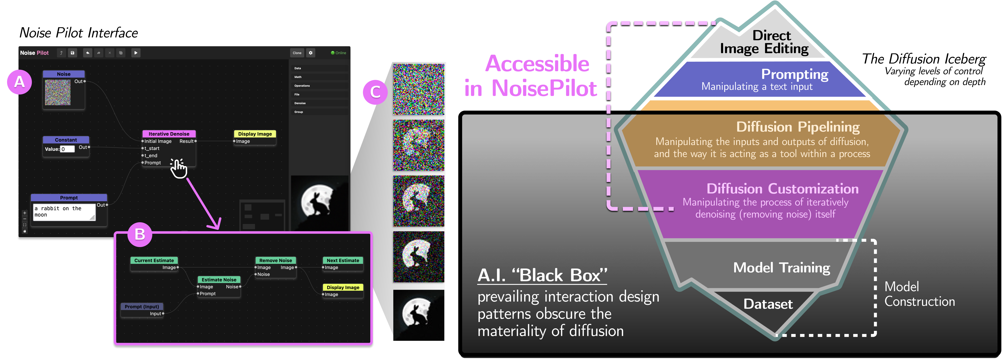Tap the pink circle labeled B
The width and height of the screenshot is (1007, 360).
140,235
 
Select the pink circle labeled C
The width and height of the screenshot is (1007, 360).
375,92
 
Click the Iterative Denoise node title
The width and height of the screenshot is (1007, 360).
169,134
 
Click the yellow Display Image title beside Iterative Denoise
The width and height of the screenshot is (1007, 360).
255,134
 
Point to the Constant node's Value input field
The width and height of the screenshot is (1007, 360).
67,149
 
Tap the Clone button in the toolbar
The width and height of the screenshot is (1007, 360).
297,53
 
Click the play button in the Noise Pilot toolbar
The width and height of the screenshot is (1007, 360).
136,53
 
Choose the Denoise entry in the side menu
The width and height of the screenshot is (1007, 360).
300,103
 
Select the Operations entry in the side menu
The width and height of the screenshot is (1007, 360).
302,86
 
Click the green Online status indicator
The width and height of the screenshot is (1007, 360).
338,53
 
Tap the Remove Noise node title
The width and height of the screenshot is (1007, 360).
276,260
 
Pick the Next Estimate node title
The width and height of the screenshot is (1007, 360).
343,260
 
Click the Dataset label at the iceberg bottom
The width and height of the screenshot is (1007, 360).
768,304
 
